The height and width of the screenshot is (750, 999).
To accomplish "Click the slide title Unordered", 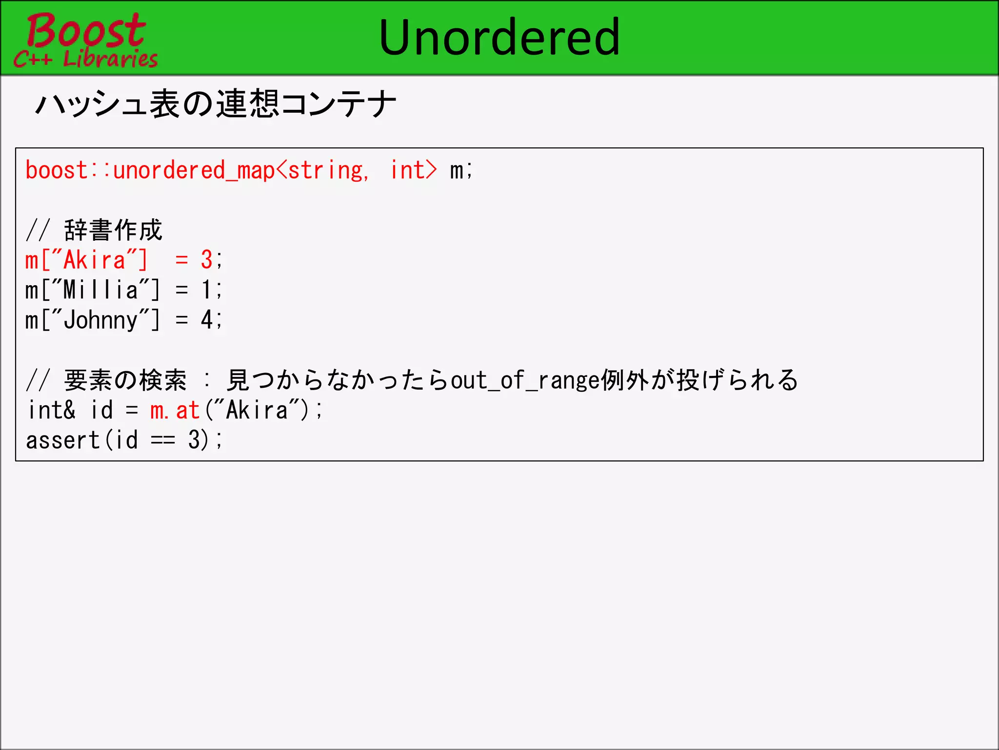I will pos(499,38).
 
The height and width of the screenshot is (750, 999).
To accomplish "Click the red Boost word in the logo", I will pos(86,30).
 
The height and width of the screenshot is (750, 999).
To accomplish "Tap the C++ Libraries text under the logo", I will pos(86,59).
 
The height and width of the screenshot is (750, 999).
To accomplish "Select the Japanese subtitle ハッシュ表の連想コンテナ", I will pos(216,104).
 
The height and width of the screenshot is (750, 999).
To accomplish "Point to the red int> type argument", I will pos(413,170).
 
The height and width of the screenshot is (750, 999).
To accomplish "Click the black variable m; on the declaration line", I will pos(461,170).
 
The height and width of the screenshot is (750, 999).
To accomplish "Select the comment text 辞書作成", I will pos(113,230).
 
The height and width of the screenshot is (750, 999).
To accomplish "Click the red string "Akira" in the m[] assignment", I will pos(94,260).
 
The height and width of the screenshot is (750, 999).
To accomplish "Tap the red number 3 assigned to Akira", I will pos(207,260).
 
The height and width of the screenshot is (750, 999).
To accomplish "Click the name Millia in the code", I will pos(101,290).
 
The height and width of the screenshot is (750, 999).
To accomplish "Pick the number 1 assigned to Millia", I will pos(207,290).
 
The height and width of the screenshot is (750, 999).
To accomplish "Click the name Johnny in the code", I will pos(101,320).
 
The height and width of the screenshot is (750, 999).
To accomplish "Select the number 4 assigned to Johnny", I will pos(207,320).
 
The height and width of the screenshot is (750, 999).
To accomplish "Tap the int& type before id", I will pos(52,410).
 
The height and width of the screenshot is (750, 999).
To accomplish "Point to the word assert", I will pos(62,440).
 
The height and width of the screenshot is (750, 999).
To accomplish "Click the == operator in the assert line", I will pos(163,440).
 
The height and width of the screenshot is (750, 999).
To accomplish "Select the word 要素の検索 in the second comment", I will pos(125,380).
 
